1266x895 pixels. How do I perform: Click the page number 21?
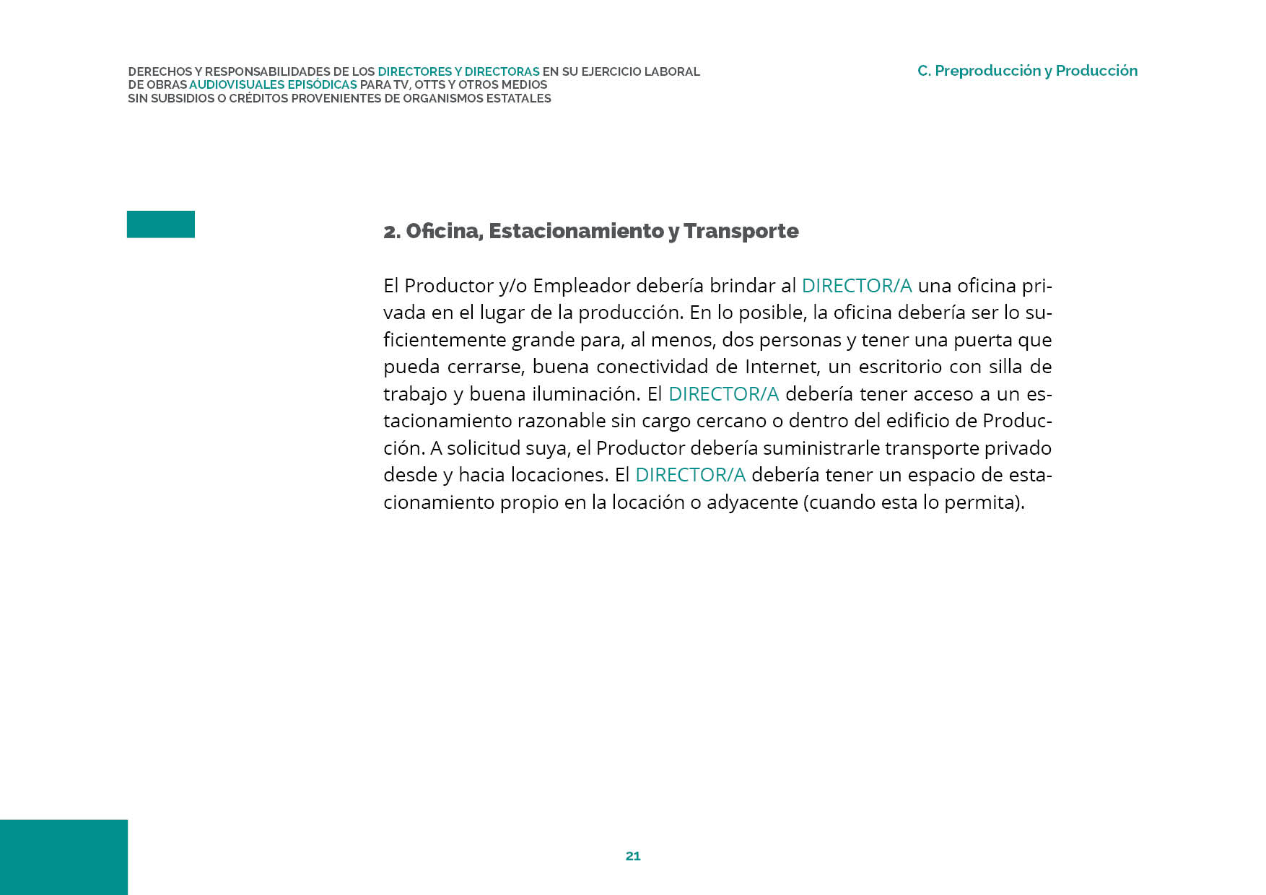point(633,856)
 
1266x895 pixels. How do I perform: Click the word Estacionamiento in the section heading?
point(577,231)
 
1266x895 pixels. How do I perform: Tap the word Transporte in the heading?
point(741,231)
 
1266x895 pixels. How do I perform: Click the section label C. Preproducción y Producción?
point(1027,71)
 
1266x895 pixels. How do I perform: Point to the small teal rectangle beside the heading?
point(161,224)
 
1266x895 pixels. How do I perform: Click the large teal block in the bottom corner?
point(64,857)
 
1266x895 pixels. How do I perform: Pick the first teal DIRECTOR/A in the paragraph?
point(857,286)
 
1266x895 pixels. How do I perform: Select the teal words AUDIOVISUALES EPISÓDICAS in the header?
point(273,85)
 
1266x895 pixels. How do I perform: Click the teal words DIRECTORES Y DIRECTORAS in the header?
point(458,72)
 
